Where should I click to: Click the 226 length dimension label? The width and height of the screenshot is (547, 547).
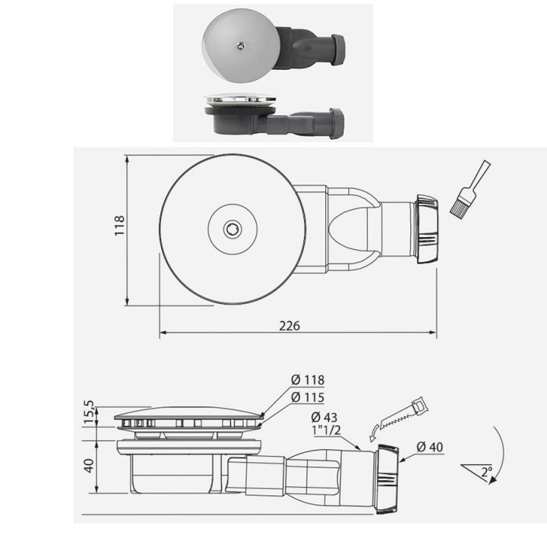289,325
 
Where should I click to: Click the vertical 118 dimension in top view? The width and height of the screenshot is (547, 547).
119,226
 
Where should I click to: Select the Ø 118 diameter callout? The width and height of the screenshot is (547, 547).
308,381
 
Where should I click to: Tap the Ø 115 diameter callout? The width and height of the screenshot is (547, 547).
308,397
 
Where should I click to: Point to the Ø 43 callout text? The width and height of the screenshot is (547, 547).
326,416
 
